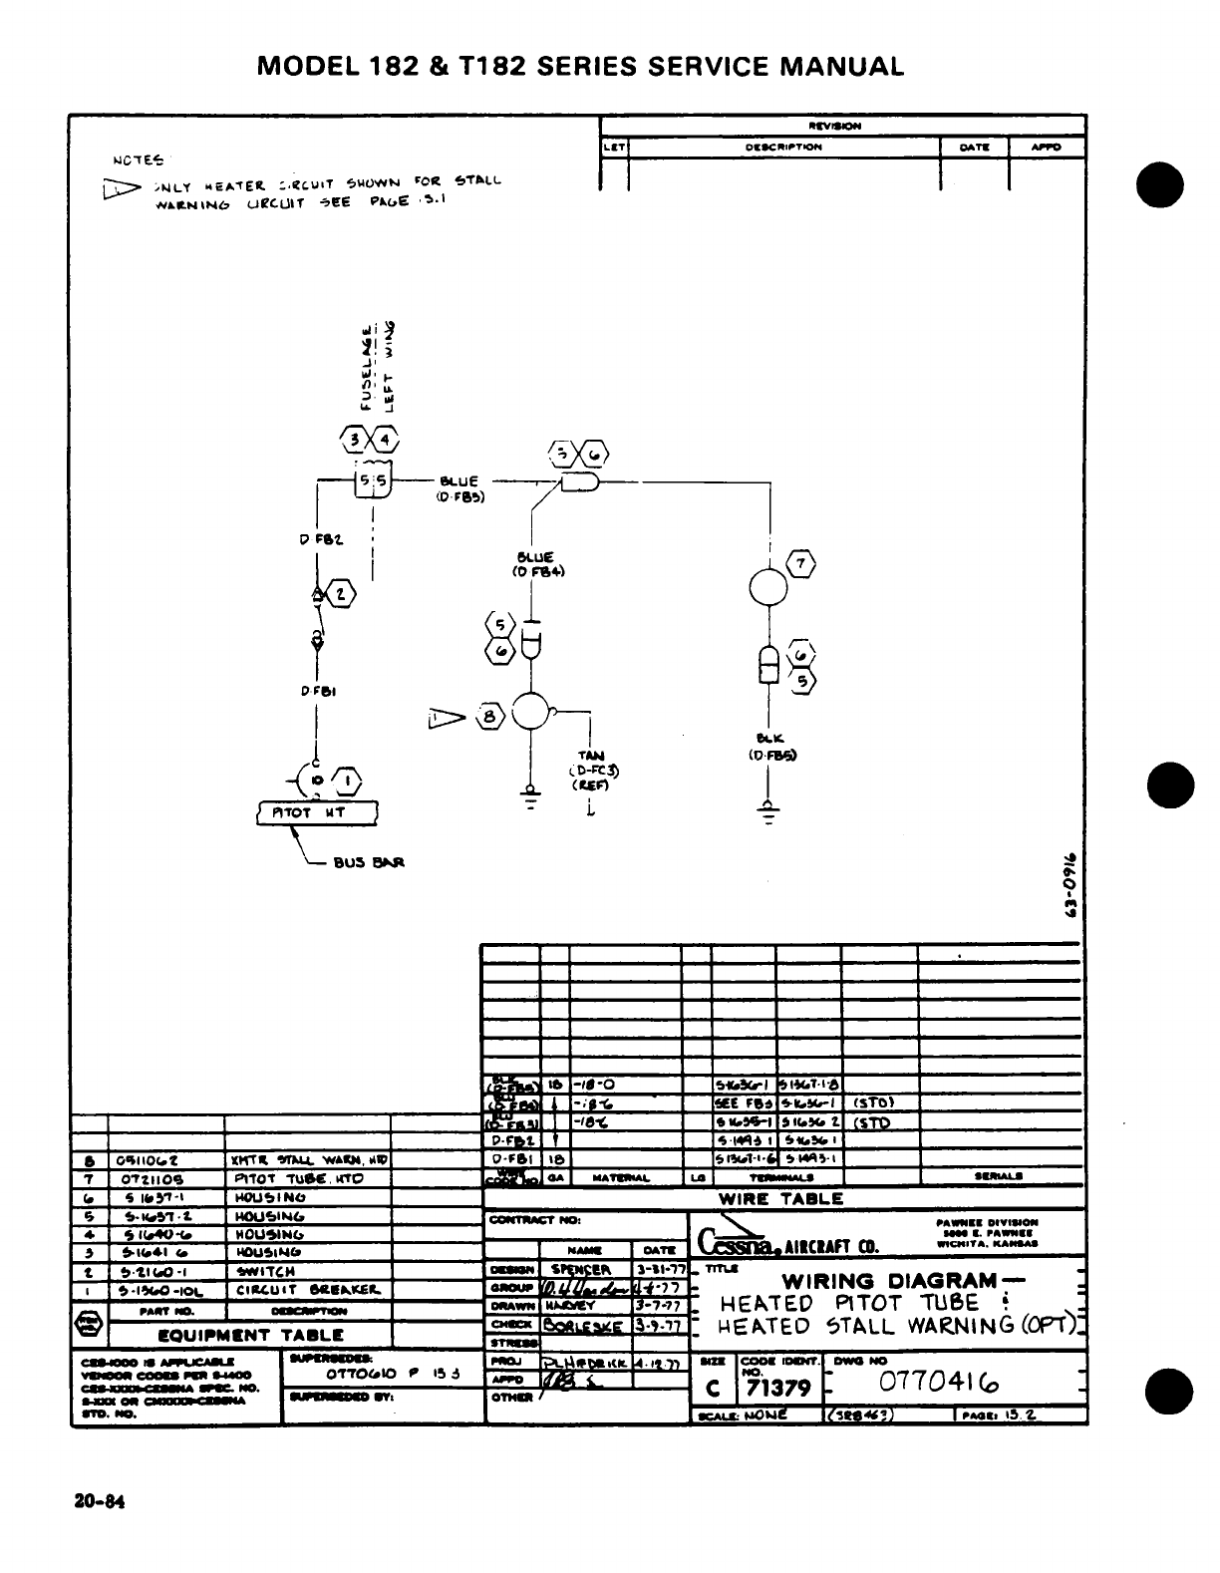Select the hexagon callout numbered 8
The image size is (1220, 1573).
pos(489,716)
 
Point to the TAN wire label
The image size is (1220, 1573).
pos(591,757)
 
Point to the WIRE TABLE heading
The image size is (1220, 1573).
pos(780,1198)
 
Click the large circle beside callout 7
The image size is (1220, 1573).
pos(768,587)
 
